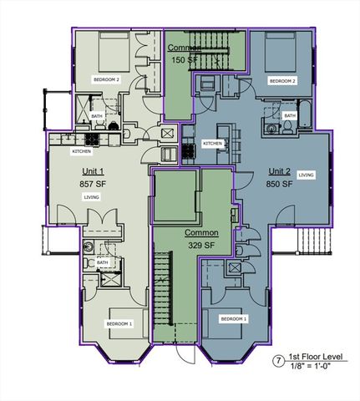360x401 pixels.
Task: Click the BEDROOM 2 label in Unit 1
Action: (107, 79)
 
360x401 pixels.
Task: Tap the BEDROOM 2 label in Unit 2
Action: (281, 81)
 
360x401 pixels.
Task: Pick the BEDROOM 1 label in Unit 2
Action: (233, 319)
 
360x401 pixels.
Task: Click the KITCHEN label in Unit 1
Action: (82, 151)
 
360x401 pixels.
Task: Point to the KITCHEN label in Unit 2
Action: (213, 144)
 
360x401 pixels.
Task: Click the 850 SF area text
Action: (278, 183)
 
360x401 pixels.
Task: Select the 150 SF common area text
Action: (184, 60)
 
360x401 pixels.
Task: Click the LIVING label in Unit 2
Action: (307, 175)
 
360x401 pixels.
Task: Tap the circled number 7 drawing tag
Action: (277, 362)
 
